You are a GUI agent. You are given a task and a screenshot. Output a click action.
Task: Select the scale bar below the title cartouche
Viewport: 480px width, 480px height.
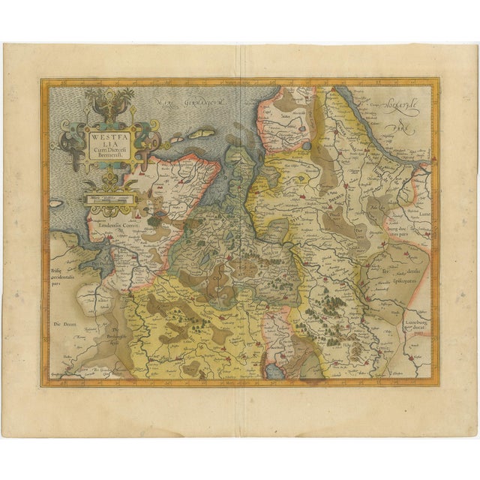tap(109, 199)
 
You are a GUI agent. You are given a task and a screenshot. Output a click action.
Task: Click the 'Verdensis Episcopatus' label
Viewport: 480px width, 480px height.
tap(405, 275)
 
